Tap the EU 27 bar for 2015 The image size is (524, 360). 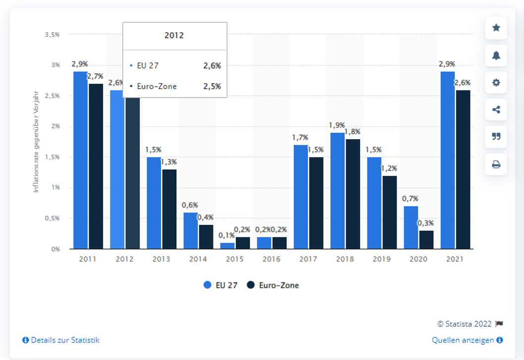click(227, 246)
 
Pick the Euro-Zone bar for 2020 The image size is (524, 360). click(426, 240)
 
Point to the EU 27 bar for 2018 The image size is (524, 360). click(337, 191)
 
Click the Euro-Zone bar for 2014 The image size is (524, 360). click(206, 237)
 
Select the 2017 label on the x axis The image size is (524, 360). click(308, 259)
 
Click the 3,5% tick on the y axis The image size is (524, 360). click(52, 35)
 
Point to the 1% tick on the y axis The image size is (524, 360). click(54, 188)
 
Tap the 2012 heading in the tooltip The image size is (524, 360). click(174, 36)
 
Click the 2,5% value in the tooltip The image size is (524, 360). click(211, 86)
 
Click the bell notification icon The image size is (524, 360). click(496, 55)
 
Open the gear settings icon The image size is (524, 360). click(496, 83)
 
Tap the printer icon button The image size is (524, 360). click(496, 164)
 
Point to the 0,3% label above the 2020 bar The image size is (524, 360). click(426, 223)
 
